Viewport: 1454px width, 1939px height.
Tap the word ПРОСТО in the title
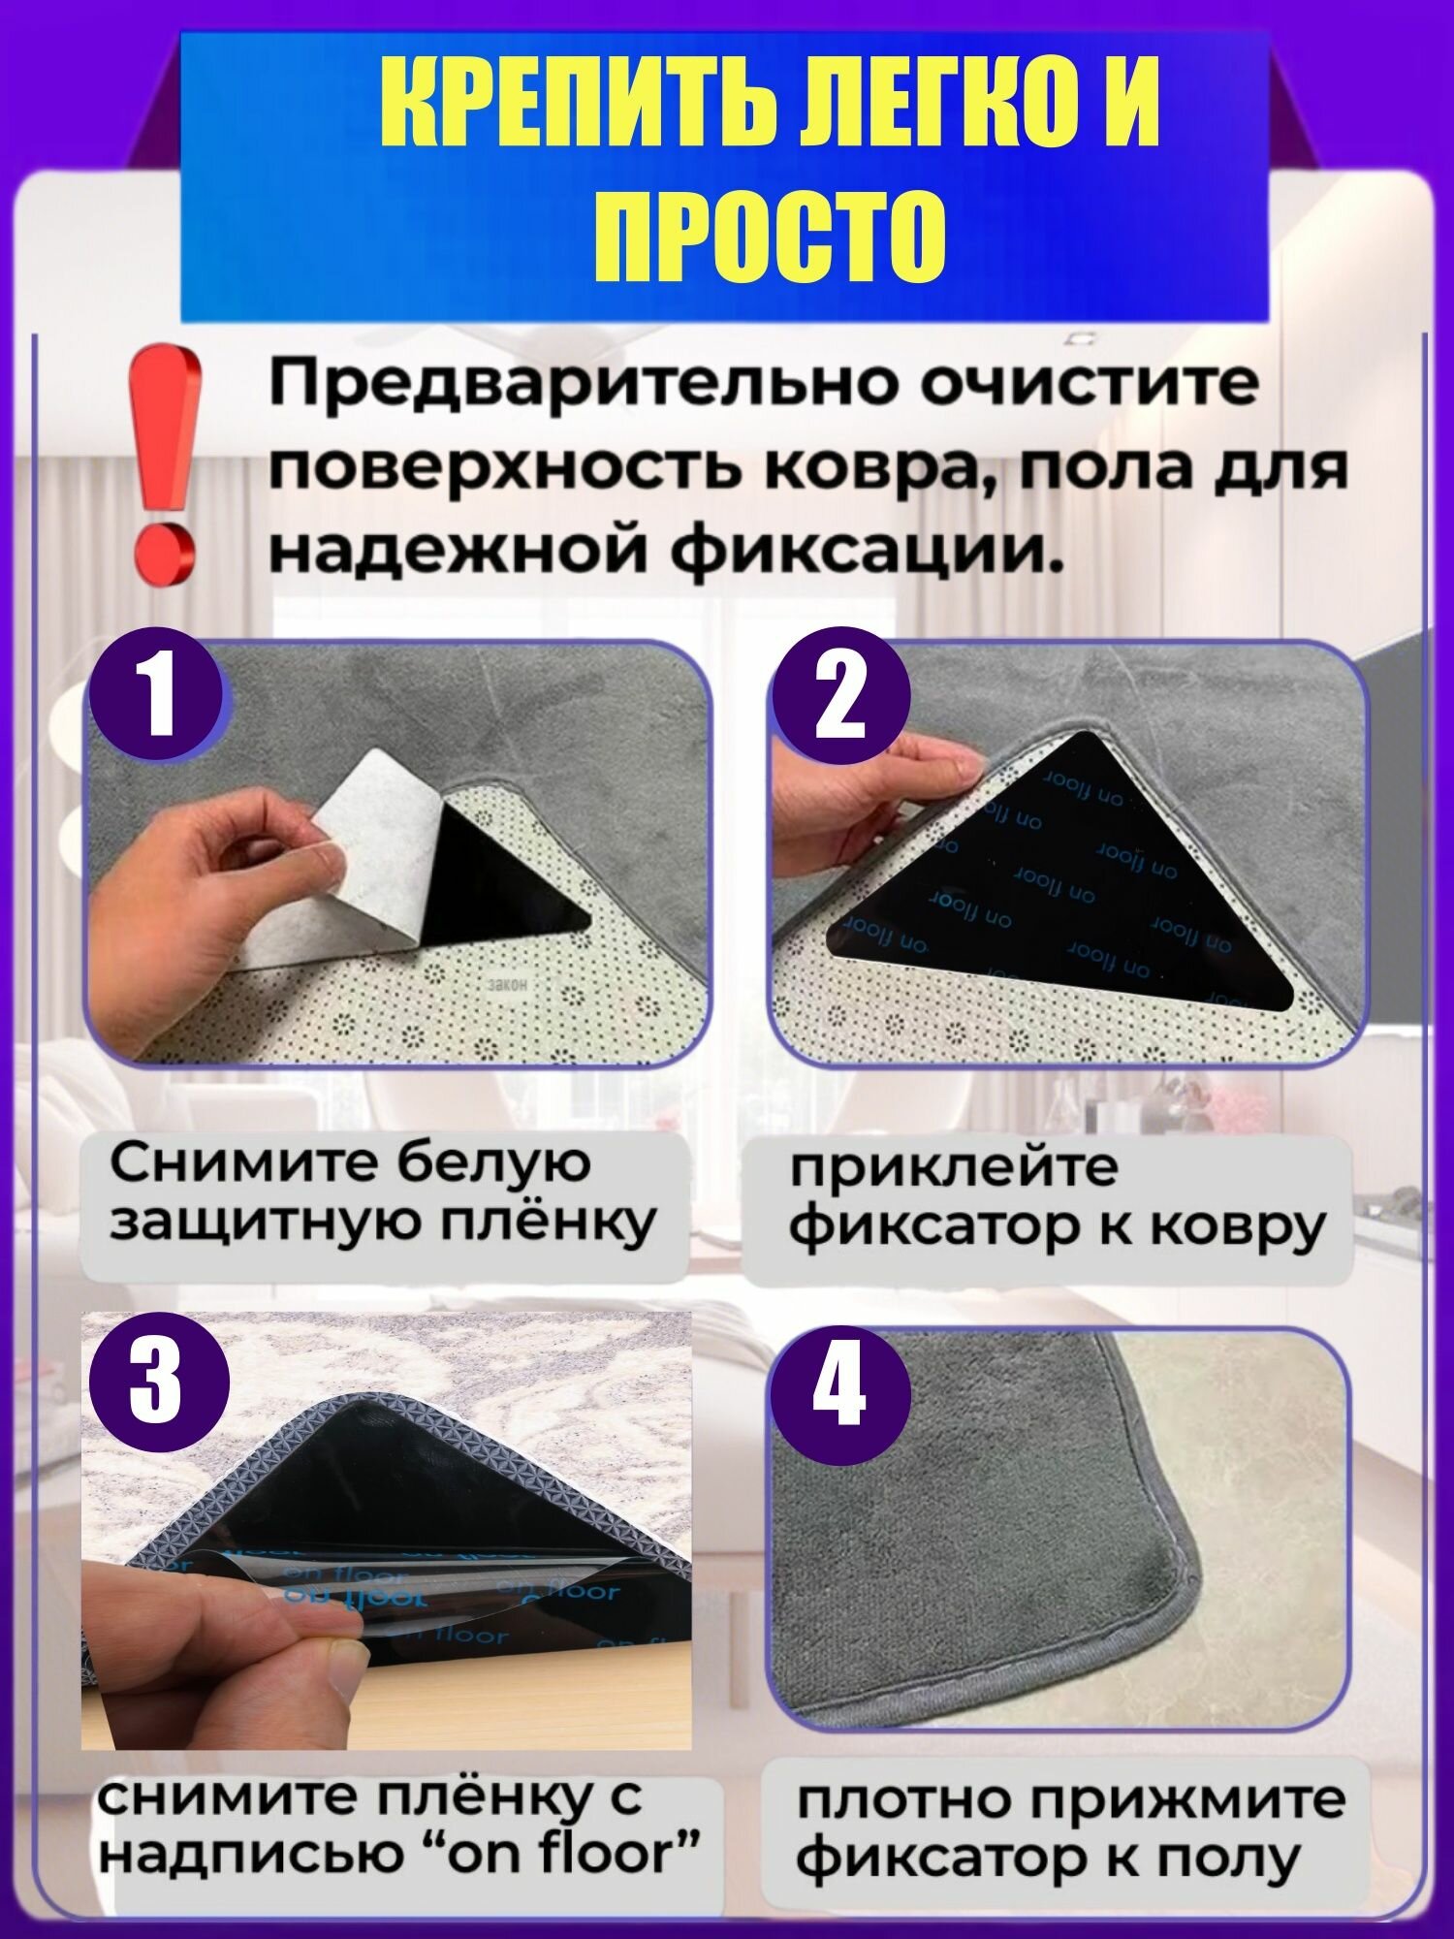click(770, 235)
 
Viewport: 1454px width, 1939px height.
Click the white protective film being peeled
click(373, 853)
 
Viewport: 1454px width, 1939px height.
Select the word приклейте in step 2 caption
click(954, 1169)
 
